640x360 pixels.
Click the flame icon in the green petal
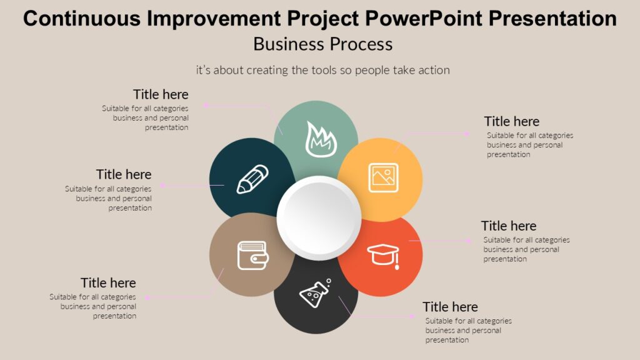(x=321, y=139)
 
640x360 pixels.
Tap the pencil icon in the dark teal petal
(x=252, y=179)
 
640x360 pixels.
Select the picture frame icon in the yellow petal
(x=383, y=177)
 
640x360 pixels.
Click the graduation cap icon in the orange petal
(x=383, y=255)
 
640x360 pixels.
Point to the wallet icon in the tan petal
(x=252, y=255)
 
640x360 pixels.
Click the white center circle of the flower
(x=319, y=217)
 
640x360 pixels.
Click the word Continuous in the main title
(x=81, y=19)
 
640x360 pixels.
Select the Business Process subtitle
(x=322, y=44)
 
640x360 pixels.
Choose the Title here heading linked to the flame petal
(x=161, y=94)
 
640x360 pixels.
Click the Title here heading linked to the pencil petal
(x=124, y=174)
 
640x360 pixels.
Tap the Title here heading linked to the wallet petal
(x=108, y=283)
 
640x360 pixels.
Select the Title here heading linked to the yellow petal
(x=511, y=121)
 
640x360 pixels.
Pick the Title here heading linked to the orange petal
(x=509, y=226)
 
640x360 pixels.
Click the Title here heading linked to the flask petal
(x=450, y=307)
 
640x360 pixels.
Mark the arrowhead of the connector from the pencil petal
(x=162, y=185)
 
